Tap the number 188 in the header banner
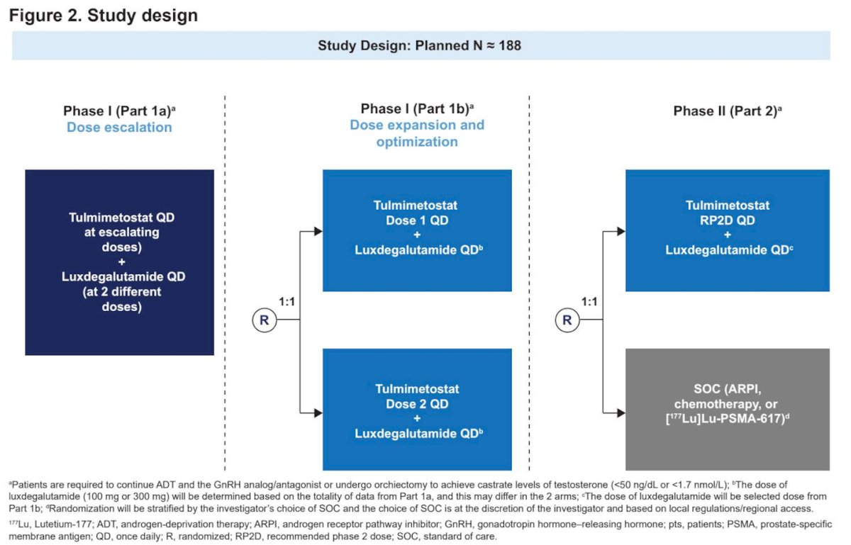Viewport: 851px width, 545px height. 509,45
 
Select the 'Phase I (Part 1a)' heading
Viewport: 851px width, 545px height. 119,111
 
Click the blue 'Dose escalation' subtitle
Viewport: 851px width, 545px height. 119,128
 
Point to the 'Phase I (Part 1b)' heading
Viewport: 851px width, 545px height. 417,108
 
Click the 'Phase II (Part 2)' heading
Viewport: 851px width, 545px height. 727,111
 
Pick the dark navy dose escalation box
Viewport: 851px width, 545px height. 119,262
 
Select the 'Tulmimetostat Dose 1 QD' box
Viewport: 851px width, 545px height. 417,230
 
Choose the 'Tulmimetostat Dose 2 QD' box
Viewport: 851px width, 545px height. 417,410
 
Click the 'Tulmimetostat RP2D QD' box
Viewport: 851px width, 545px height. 728,230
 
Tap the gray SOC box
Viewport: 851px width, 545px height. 728,410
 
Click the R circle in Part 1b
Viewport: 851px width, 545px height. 265,320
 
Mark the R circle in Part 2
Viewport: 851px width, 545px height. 567,320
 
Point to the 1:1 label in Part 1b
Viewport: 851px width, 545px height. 287,301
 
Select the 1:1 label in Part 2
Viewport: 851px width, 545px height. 589,301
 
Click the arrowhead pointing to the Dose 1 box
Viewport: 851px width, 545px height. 318,231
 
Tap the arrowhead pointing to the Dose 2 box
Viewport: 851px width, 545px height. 318,413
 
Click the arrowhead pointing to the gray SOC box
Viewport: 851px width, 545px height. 621,413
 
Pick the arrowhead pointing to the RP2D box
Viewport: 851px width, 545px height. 621,231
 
